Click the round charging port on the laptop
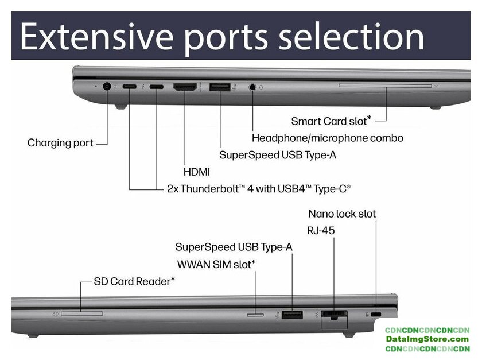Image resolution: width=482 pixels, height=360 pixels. (106, 87)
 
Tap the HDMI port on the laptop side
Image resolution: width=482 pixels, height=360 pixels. (185, 87)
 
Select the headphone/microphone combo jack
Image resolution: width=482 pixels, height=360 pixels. (253, 87)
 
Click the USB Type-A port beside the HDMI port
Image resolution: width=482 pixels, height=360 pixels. (219, 87)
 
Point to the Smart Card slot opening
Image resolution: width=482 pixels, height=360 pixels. (385, 87)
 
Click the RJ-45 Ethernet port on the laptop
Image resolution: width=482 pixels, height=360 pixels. (333, 314)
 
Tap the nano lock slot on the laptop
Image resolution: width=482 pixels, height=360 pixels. (376, 315)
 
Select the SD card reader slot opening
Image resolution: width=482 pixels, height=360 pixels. (81, 313)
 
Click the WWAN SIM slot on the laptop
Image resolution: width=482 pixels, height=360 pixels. (255, 314)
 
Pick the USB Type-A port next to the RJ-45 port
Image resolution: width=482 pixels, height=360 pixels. (293, 314)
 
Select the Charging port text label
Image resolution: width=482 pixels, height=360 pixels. (60, 142)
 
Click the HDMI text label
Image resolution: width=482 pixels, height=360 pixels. (196, 172)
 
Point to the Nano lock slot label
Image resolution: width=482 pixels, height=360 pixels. (342, 214)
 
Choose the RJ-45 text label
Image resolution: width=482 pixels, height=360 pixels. (321, 230)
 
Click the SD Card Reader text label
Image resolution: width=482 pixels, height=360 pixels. (134, 281)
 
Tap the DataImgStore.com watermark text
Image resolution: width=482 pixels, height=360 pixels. (427, 339)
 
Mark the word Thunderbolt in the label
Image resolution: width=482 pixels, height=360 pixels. (205, 188)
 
